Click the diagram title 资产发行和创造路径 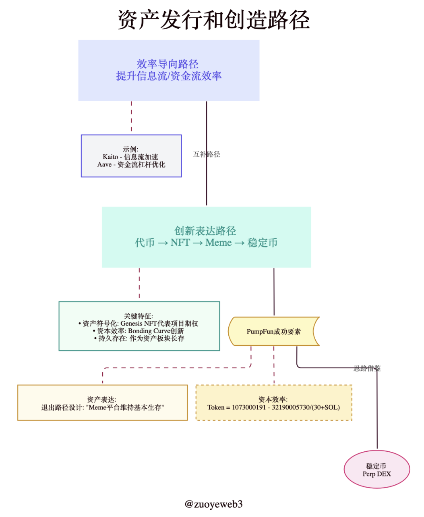click(x=213, y=19)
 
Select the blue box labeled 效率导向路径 click(x=169, y=70)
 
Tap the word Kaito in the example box click(x=110, y=157)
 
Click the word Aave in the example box click(x=104, y=164)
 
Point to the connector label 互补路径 click(x=207, y=154)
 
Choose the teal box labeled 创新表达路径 click(x=206, y=237)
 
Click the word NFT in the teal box click(x=180, y=243)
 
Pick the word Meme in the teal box click(x=218, y=243)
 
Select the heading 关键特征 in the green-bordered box click(x=139, y=316)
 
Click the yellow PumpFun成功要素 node click(x=273, y=331)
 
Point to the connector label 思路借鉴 click(x=367, y=368)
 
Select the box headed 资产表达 click(x=102, y=403)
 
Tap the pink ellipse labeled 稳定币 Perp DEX click(x=376, y=469)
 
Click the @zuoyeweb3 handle click(x=213, y=504)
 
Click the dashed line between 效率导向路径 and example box click(x=131, y=117)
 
